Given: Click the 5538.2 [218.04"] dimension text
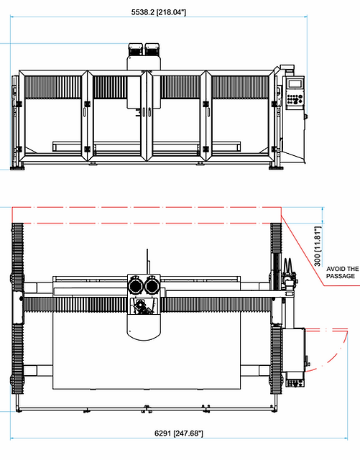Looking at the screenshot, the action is coord(158,12).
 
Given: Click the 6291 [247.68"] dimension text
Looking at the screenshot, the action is coord(179,433).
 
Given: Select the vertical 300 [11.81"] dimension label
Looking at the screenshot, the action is coord(318,246).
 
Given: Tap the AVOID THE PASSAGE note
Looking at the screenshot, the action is coord(343,272).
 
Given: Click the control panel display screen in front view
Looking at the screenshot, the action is coord(295,83).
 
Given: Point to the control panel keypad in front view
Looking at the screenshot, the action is coord(295,99).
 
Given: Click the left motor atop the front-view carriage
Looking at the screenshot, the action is coord(136,50).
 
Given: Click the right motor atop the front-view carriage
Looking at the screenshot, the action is coord(152,50).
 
